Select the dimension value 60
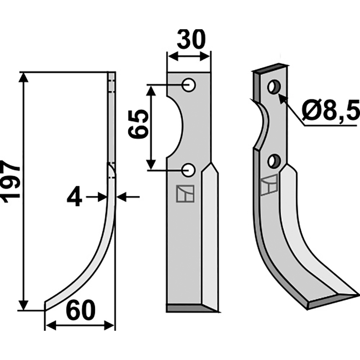click(x=81, y=311)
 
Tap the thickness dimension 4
click(x=75, y=197)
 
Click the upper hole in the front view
click(x=189, y=85)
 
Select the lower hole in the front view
click(x=189, y=170)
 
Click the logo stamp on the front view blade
click(x=185, y=194)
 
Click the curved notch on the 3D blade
click(x=261, y=126)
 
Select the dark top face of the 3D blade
click(x=270, y=67)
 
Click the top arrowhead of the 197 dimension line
click(x=24, y=76)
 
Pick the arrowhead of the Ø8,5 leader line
click(x=281, y=97)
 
